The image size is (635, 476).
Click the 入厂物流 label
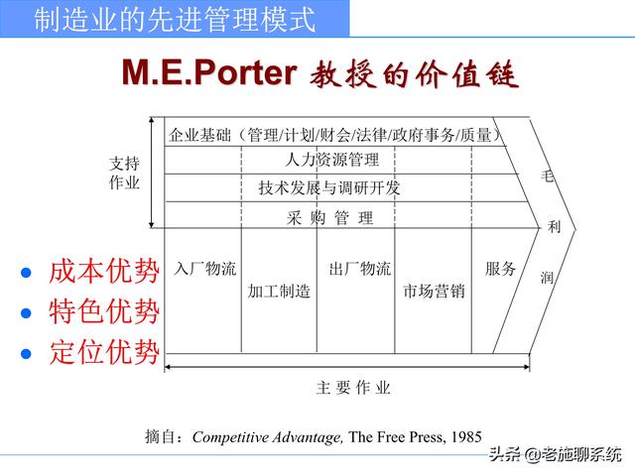(205, 269)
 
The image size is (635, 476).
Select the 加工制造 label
(279, 292)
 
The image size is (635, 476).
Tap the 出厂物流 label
(360, 269)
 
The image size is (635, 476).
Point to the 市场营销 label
(434, 292)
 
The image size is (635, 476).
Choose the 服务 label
(500, 269)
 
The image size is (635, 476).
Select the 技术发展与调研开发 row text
(328, 187)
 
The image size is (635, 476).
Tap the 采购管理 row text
(330, 218)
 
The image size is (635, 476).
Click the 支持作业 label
(124, 174)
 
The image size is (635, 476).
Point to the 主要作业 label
(353, 388)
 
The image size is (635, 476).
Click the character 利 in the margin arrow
(554, 226)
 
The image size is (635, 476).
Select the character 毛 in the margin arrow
(547, 178)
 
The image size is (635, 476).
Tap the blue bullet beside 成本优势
(27, 273)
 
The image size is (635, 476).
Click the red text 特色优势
(103, 312)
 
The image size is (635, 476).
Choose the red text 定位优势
(103, 352)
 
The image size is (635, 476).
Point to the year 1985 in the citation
(466, 436)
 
